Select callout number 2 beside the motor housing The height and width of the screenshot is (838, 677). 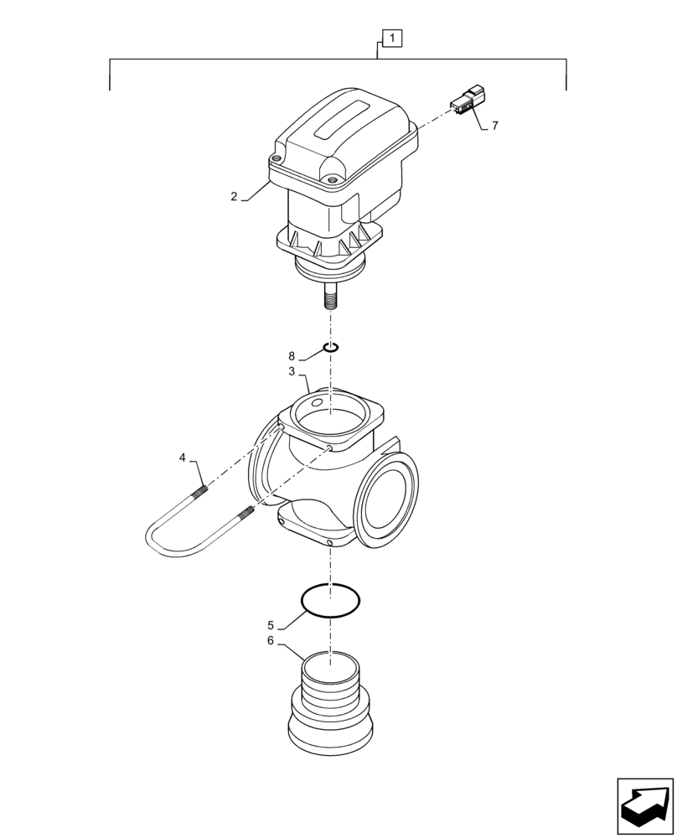[235, 196]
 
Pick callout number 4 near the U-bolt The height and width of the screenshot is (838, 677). [183, 458]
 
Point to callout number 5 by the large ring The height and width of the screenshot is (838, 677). [270, 625]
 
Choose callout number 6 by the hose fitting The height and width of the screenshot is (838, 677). [270, 641]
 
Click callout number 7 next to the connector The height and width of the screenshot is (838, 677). [494, 126]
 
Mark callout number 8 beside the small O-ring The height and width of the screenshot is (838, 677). [292, 355]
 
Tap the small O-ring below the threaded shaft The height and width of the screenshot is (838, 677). [331, 347]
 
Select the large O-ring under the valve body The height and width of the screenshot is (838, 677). [331, 601]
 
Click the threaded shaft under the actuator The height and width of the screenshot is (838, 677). [332, 297]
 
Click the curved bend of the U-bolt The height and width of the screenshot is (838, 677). [156, 541]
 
